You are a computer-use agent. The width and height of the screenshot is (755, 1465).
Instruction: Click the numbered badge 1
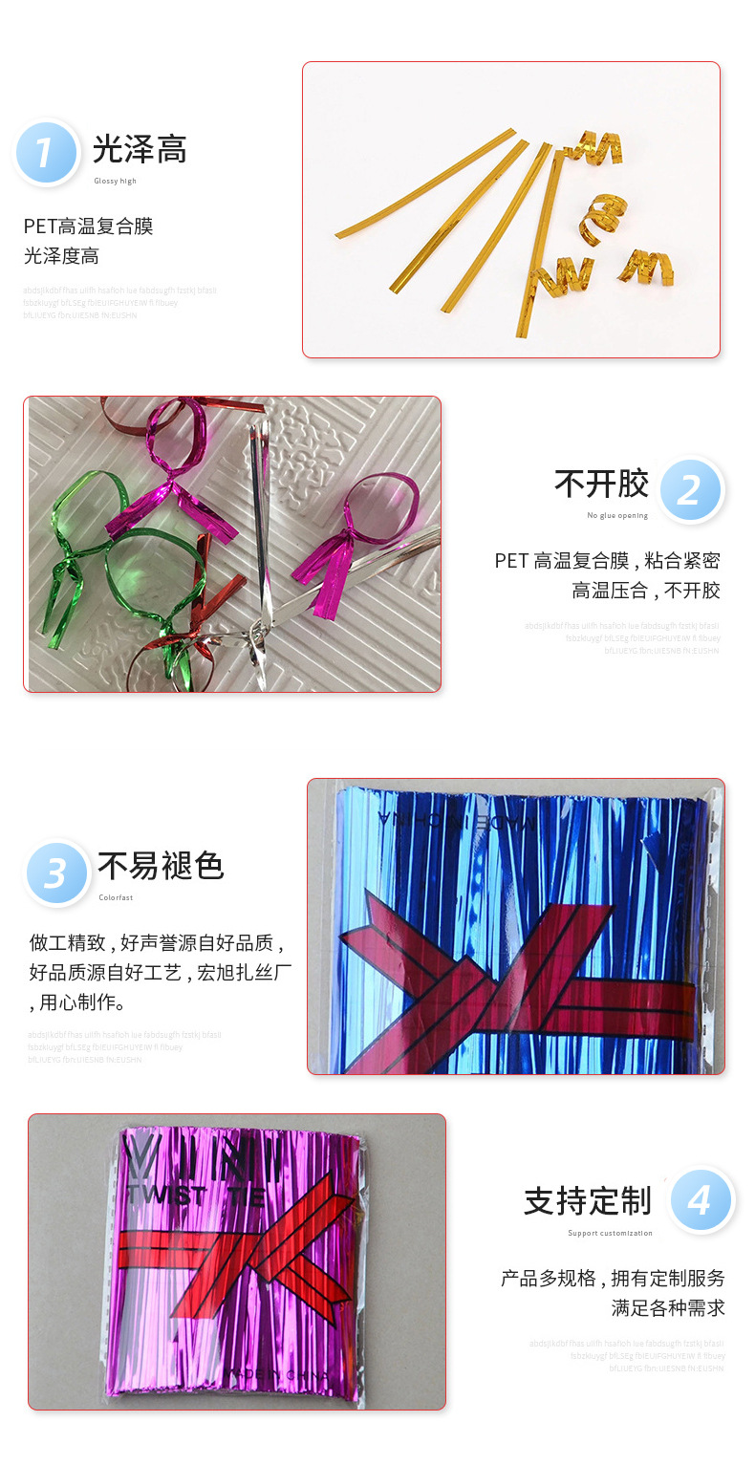tap(46, 152)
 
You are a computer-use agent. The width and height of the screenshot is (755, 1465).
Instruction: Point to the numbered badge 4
tap(701, 1200)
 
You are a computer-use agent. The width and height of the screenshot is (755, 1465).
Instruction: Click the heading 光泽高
tap(140, 149)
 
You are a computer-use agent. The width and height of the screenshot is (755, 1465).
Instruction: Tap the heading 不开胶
tap(601, 484)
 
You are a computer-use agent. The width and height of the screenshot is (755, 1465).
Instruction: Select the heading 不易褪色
tap(161, 866)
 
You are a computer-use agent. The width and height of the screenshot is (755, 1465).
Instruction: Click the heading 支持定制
tap(587, 1200)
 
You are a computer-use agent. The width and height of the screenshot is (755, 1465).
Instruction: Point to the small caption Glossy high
tap(115, 181)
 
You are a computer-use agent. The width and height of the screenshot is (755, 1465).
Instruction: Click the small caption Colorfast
tap(116, 897)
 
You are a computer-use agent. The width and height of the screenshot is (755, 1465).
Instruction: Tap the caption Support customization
tap(610, 1233)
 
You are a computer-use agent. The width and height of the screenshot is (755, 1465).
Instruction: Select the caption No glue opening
tap(617, 515)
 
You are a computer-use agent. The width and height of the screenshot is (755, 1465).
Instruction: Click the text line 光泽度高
tap(61, 256)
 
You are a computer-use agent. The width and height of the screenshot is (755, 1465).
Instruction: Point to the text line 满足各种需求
tap(668, 1307)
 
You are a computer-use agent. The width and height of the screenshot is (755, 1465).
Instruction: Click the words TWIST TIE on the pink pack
tap(195, 1196)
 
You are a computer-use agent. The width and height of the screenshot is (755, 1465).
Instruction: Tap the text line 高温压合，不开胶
tap(646, 591)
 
